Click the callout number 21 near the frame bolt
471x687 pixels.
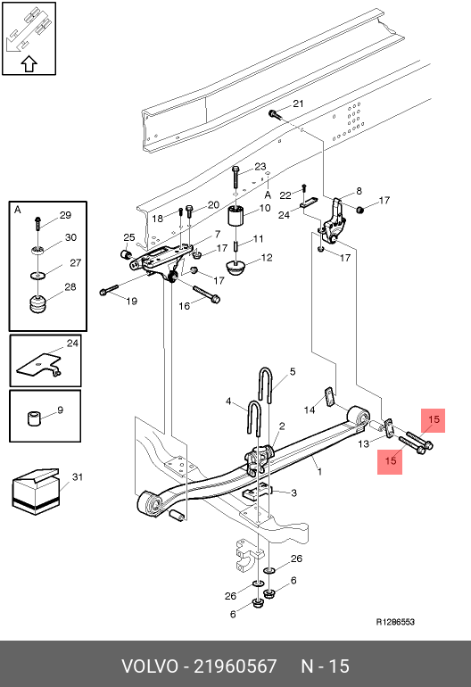[x=298, y=103]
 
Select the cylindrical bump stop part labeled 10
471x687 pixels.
[x=235, y=215]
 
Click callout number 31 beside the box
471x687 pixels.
[x=78, y=476]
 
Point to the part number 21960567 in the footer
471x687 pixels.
[x=235, y=666]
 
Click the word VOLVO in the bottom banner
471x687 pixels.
[x=150, y=666]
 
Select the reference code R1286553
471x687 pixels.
[x=395, y=622]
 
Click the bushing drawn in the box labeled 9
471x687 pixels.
[x=34, y=418]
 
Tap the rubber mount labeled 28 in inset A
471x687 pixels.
[x=37, y=304]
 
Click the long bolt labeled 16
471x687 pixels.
[x=206, y=294]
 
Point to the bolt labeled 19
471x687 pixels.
[x=109, y=290]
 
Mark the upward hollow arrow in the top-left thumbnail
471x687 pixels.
[x=29, y=64]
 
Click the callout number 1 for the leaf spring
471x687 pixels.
[x=320, y=471]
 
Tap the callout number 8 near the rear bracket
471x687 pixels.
[x=359, y=191]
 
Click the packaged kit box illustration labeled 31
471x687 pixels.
[x=36, y=492]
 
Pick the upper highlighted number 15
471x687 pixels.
[x=434, y=419]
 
